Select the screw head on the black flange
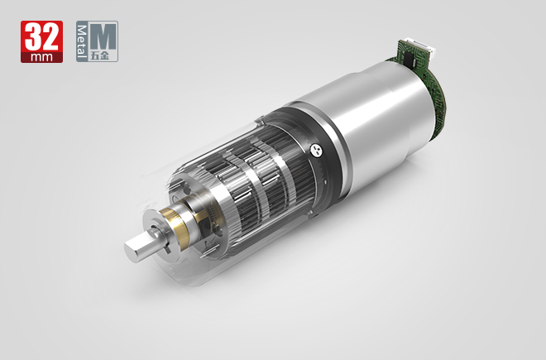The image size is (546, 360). click(315, 150)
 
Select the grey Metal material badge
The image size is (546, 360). click(97, 41)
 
